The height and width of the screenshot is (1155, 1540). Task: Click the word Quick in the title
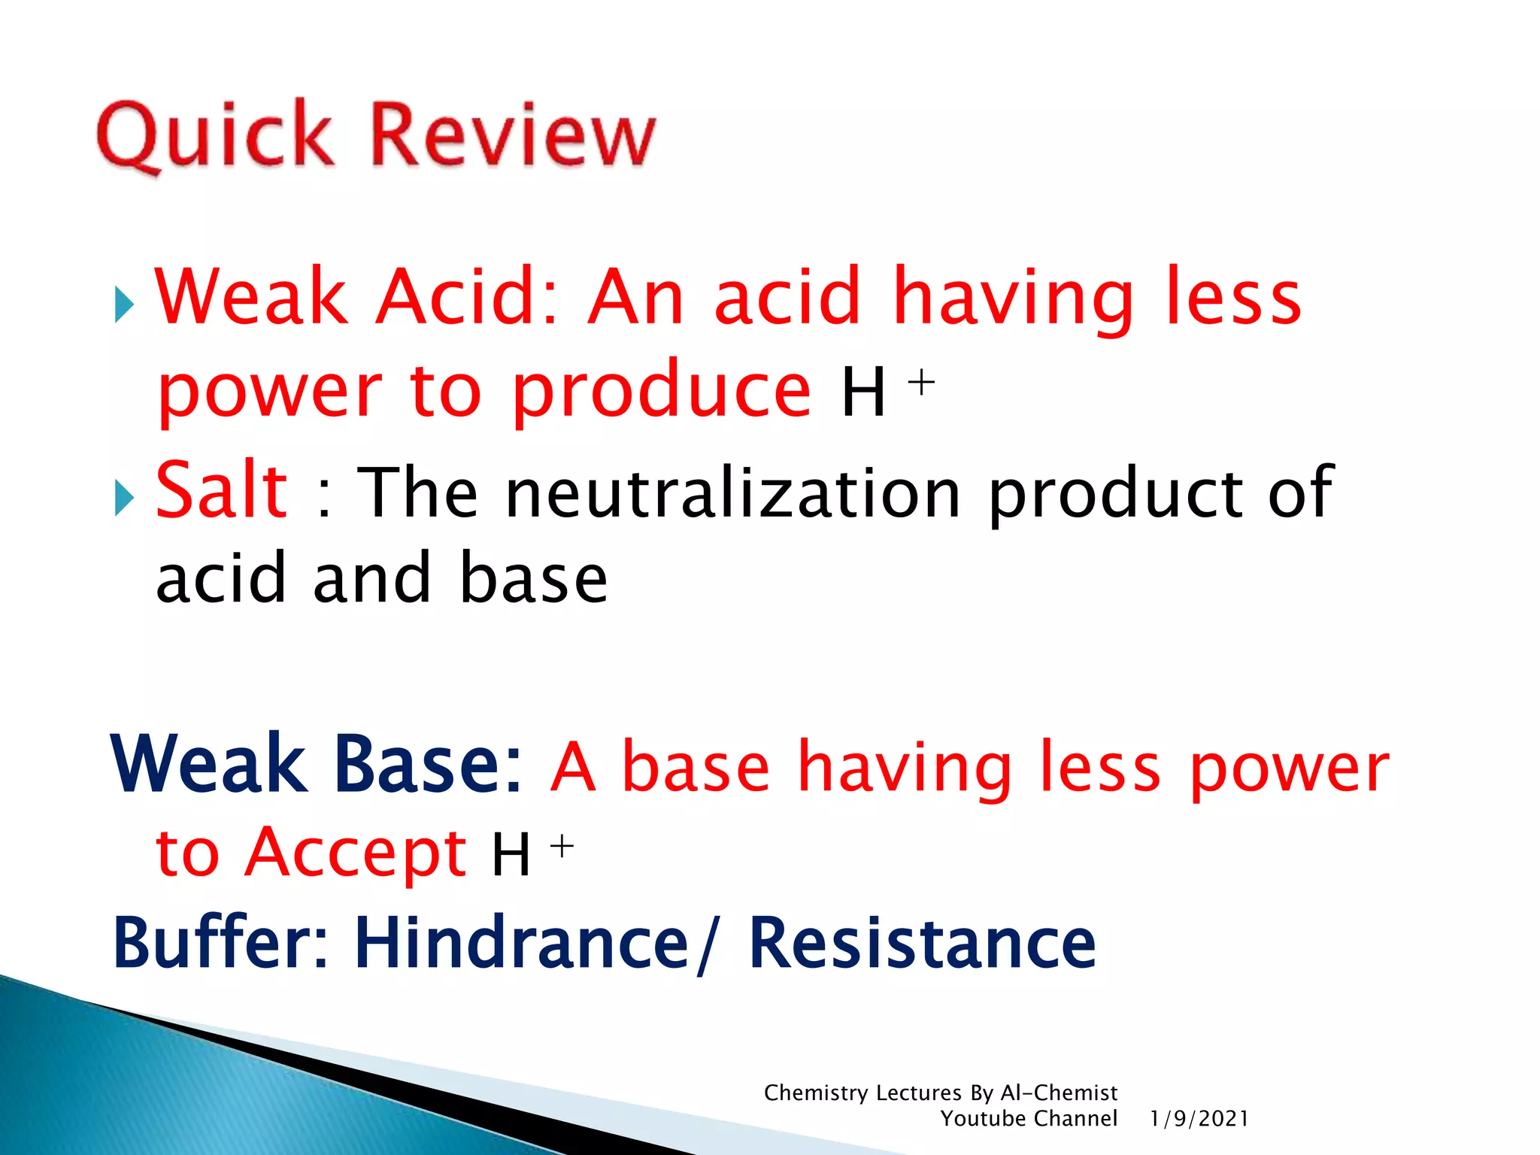coord(214,135)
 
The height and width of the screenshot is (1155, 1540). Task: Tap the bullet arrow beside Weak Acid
coord(124,305)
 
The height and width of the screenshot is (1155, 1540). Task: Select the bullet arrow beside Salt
coord(124,498)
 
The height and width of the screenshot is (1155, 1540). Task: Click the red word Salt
coord(221,491)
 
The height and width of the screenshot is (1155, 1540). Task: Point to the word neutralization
coord(733,493)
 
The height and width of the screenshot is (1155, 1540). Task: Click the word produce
coord(662,391)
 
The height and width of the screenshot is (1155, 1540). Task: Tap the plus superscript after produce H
coord(921,383)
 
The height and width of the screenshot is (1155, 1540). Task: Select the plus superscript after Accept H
coord(562,847)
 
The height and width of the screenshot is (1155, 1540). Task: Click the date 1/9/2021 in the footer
coord(1199,1119)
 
